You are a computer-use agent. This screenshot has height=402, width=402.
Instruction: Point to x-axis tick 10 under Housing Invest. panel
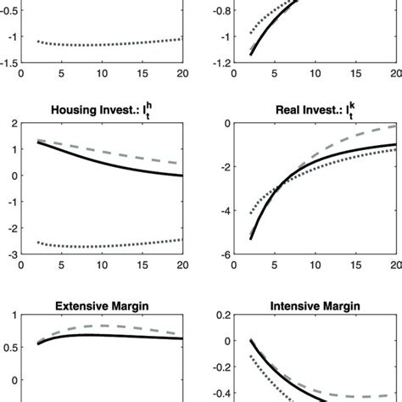tap(102, 265)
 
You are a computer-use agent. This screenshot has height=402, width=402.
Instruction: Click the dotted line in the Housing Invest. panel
tap(102, 247)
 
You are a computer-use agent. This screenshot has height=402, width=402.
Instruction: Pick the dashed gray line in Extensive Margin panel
tap(102, 326)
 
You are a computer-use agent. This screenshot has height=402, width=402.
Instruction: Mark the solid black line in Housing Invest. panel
tap(102, 159)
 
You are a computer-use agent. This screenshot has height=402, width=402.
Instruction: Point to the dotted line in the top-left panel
tap(102, 44)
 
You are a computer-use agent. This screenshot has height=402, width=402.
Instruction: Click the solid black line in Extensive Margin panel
tap(102, 335)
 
